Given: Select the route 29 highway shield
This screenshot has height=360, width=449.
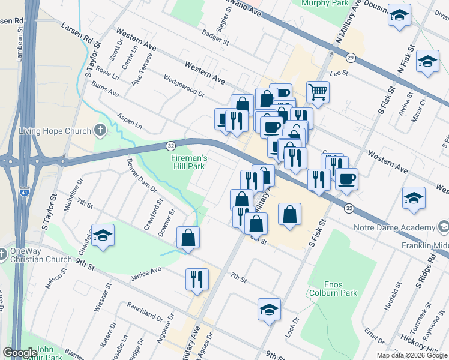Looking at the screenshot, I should tap(350, 58).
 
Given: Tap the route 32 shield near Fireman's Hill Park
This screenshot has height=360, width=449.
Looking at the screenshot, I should tap(170, 145).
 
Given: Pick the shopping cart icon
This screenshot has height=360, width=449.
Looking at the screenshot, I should tap(318, 92).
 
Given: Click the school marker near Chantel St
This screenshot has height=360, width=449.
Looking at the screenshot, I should tap(103, 235).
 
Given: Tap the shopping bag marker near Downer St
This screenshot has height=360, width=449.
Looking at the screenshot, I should tap(188, 238).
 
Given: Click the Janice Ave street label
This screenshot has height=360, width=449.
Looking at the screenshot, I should tap(146, 274).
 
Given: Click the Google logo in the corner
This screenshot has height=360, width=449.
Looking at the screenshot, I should tap(20, 352).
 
